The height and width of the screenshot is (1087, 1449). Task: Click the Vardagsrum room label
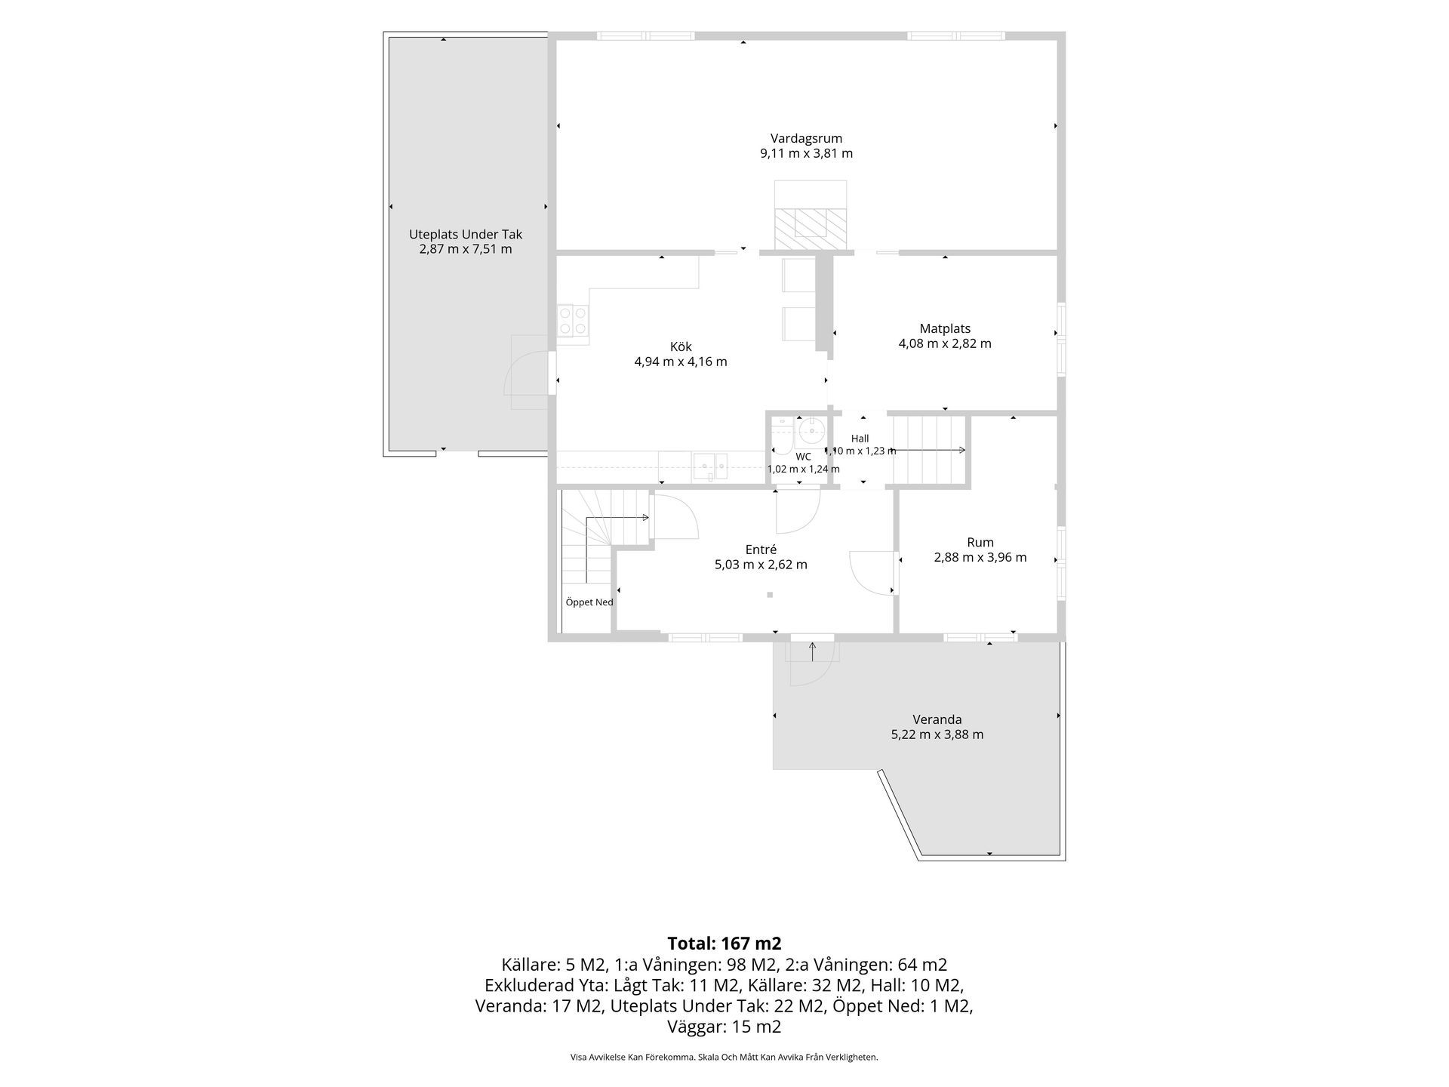pyautogui.click(x=806, y=138)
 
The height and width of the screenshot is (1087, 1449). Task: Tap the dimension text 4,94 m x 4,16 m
pyautogui.click(x=681, y=362)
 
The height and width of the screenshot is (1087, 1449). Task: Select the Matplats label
pyautogui.click(x=945, y=328)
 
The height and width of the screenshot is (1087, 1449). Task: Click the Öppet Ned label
pyautogui.click(x=589, y=602)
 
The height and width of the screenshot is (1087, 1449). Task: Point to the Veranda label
pyautogui.click(x=937, y=719)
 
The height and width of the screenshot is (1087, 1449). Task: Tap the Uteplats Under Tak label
pyautogui.click(x=466, y=234)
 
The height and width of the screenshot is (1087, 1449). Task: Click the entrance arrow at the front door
pyautogui.click(x=812, y=651)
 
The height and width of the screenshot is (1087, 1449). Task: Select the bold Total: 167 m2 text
pyautogui.click(x=724, y=944)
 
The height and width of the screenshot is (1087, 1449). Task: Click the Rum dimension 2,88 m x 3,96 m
pyautogui.click(x=980, y=558)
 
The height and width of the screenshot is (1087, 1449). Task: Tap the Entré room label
pyautogui.click(x=761, y=550)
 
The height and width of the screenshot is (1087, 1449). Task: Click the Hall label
pyautogui.click(x=860, y=439)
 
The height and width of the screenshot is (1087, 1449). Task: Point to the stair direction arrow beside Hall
pyautogui.click(x=928, y=451)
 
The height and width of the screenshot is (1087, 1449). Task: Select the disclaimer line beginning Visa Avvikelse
pyautogui.click(x=724, y=1058)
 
